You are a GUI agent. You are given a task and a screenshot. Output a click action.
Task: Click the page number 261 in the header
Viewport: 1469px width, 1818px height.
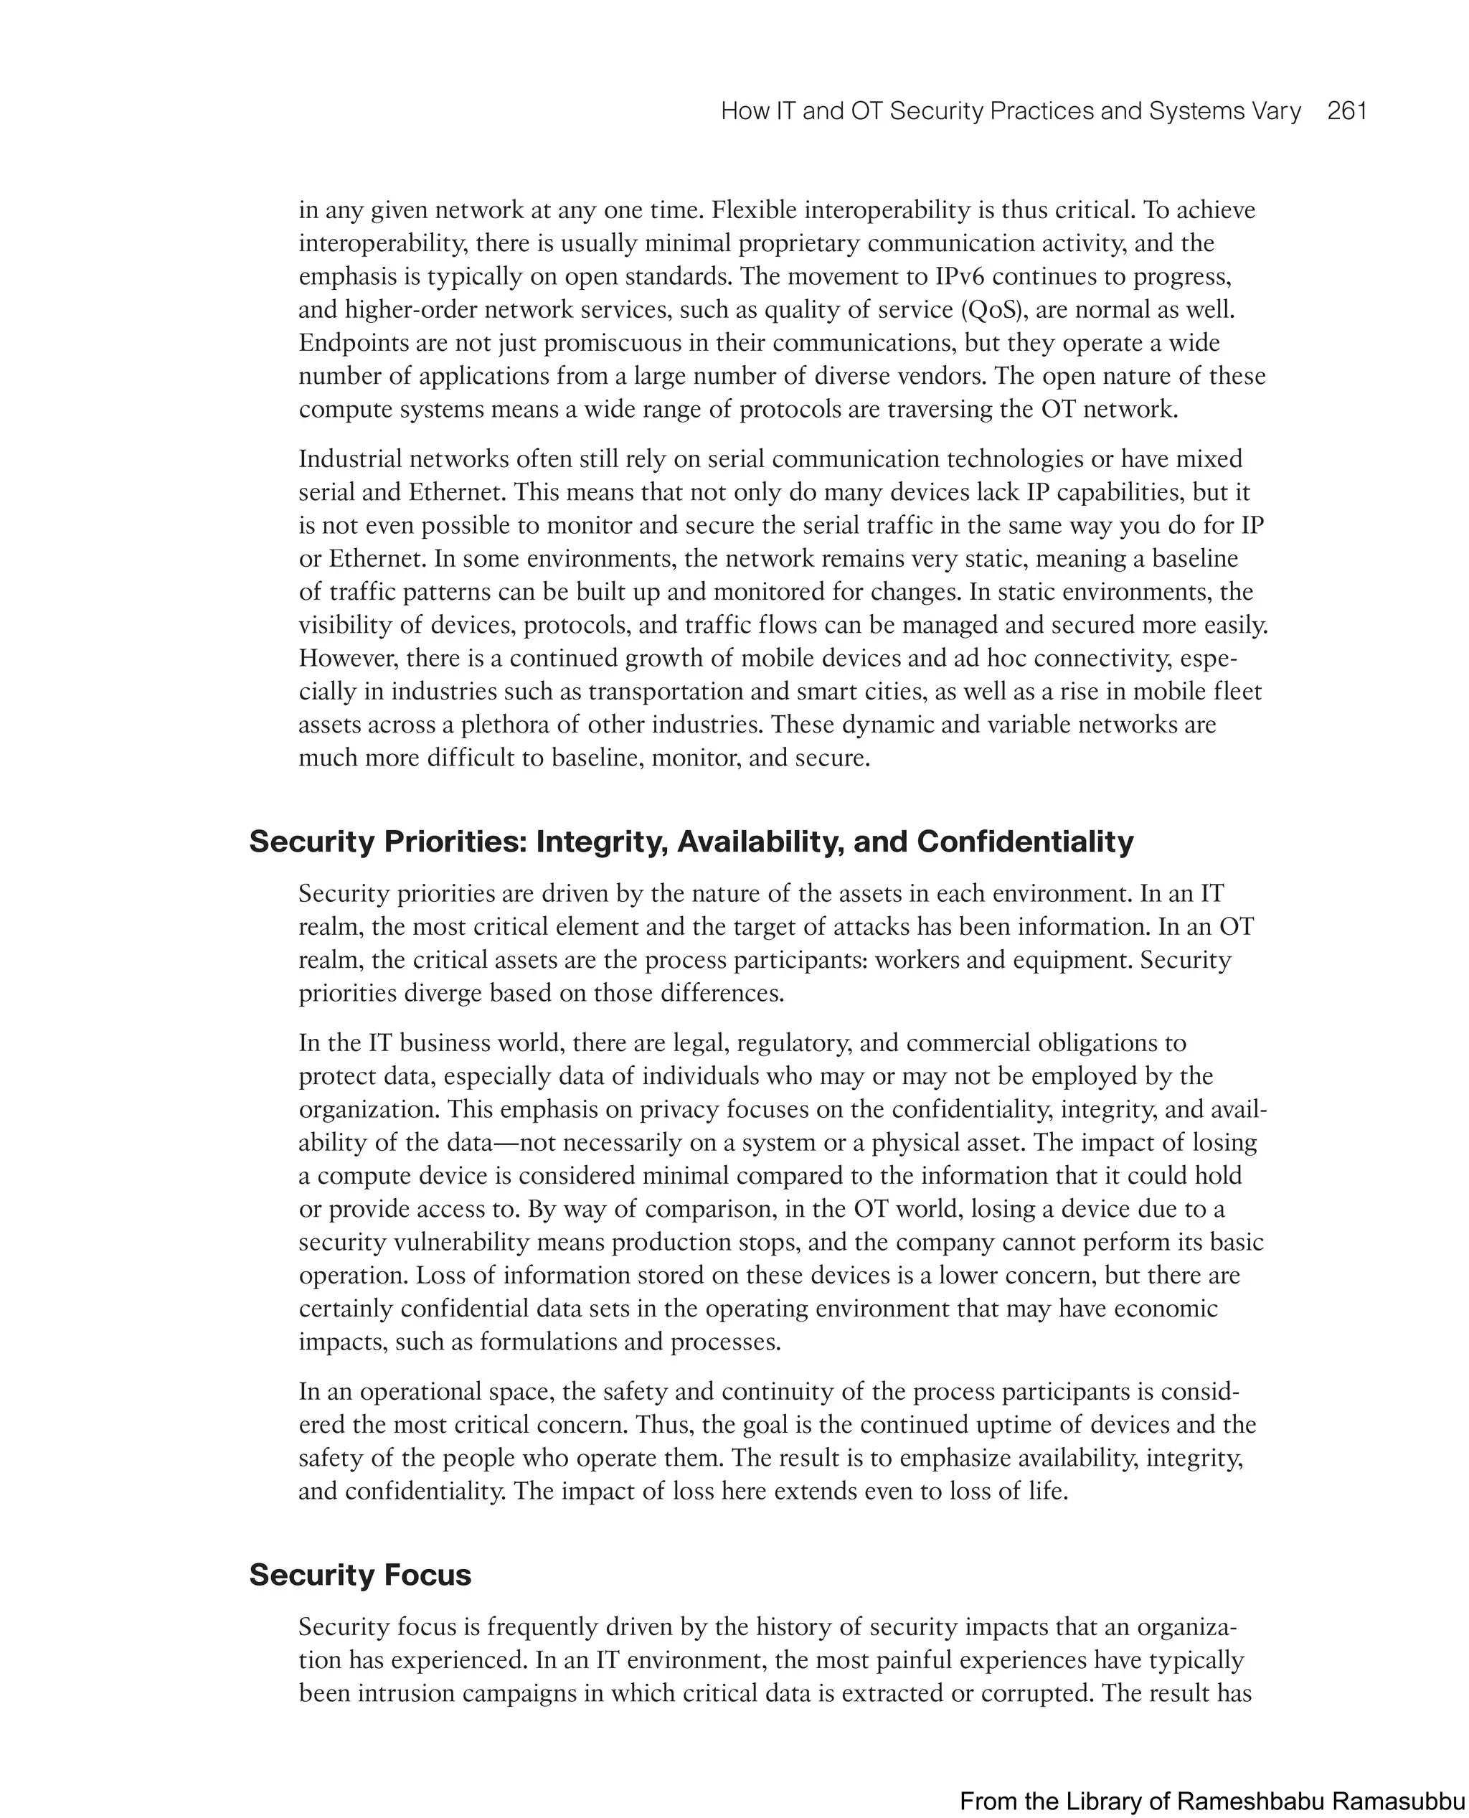tap(1347, 112)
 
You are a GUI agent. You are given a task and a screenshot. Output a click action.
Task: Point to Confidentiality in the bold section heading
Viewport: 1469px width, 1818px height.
tap(1025, 842)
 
